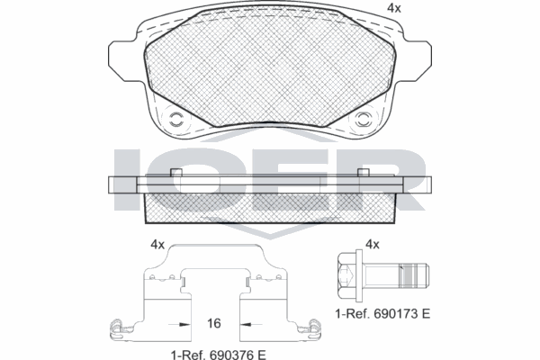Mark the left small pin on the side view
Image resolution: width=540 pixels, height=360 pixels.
click(176, 173)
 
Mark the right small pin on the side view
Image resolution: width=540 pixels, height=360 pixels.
click(364, 173)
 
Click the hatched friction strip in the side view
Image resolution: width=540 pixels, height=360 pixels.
click(270, 208)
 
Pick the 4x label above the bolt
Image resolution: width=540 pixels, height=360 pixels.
click(372, 245)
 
